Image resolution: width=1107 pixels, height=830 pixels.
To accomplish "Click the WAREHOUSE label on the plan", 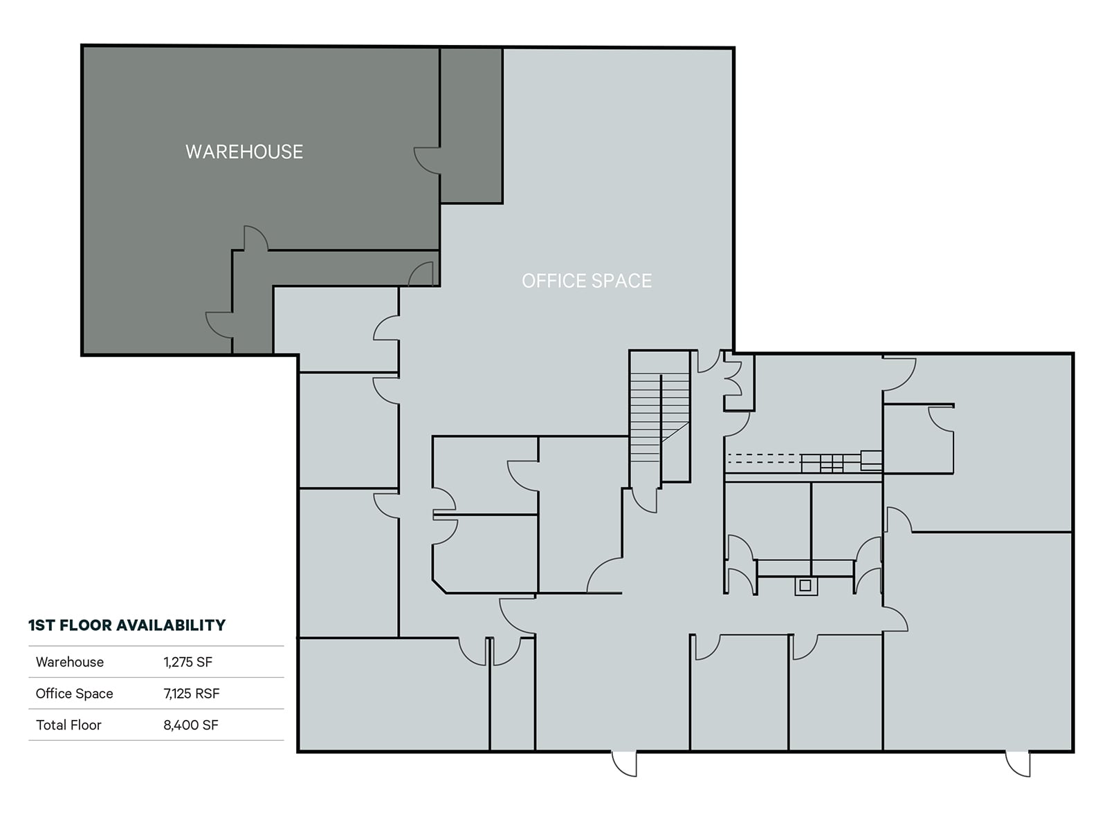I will point(244,152).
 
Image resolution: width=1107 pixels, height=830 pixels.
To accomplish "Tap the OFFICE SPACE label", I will point(587,281).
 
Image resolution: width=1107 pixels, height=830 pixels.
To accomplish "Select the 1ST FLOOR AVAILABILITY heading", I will point(127,625).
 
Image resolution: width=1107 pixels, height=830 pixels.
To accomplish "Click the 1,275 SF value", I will point(187,662).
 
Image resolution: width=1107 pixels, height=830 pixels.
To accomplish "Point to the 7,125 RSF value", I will point(191,694).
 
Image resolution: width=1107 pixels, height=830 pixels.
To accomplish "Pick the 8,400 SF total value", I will point(190,726).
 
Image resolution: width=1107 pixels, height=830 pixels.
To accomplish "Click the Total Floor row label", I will point(68,726).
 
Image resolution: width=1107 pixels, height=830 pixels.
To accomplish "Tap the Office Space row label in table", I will point(74,694).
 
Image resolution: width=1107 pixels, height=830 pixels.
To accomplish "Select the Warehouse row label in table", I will point(69,662).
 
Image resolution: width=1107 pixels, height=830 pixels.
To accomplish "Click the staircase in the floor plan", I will point(659,415).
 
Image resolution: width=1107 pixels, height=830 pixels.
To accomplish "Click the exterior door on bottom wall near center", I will point(624,763).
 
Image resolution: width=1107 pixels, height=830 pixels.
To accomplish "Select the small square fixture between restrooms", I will point(805,586).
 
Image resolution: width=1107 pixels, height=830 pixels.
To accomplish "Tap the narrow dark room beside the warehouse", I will point(471,124).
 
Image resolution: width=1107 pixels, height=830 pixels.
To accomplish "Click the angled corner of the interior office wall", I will point(439,586).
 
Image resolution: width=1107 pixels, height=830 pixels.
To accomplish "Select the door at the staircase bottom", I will point(646,500).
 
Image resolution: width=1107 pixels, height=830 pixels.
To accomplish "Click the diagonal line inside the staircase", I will point(675,432).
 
